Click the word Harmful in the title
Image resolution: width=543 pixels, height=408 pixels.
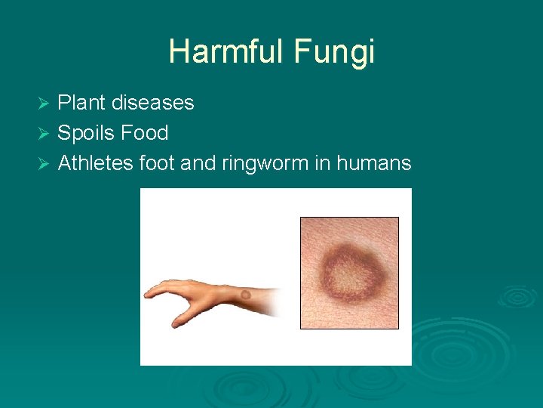(x=224, y=52)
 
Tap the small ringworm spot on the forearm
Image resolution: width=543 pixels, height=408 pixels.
(x=245, y=295)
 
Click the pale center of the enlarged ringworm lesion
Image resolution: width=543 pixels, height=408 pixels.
(x=348, y=272)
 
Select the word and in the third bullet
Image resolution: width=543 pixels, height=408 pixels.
(x=198, y=162)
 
